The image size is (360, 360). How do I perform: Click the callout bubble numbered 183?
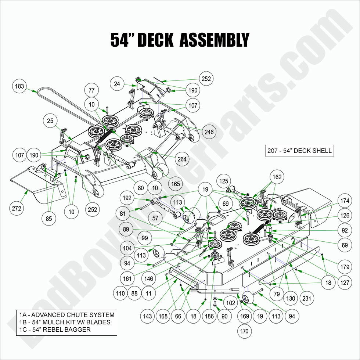pyautogui.click(x=19, y=86)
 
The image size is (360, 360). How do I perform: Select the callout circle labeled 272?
pyautogui.click(x=17, y=208)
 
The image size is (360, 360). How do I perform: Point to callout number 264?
pyautogui.click(x=182, y=159)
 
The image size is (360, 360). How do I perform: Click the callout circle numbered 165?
pyautogui.click(x=176, y=184)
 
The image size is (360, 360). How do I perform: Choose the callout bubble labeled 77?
pyautogui.click(x=92, y=90)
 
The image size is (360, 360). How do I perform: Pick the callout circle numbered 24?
pyautogui.click(x=117, y=84)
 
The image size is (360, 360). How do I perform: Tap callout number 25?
pyautogui.click(x=50, y=120)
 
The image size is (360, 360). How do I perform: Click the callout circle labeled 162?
pyautogui.click(x=277, y=177)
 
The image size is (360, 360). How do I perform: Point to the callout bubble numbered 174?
pyautogui.click(x=345, y=201)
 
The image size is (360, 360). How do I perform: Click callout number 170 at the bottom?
pyautogui.click(x=244, y=331)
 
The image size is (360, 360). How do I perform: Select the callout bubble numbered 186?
pyautogui.click(x=209, y=316)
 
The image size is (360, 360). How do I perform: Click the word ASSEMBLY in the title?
pyautogui.click(x=214, y=40)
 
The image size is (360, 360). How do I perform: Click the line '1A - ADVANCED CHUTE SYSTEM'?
pyautogui.click(x=67, y=315)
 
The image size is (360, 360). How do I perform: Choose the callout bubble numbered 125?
pyautogui.click(x=224, y=181)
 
